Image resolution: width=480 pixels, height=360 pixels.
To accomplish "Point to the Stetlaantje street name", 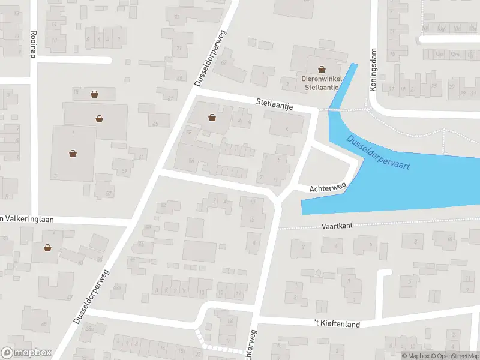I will tap(274, 105).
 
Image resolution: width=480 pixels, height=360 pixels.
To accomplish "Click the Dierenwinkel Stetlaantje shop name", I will tap(322, 82).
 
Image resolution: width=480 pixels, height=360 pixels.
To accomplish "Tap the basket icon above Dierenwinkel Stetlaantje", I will tap(322, 69).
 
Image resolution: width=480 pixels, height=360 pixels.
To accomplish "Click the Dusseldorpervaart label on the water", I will tap(378, 153).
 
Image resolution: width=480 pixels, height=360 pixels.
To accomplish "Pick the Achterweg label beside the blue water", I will tap(328, 188).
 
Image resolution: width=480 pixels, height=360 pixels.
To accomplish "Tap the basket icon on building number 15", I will tap(95, 94).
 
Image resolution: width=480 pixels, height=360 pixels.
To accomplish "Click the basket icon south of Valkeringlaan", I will tap(47, 247).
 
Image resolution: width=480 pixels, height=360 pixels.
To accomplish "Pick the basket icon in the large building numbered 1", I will tap(73, 153).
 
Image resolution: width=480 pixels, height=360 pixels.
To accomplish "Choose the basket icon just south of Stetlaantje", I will tap(212, 117).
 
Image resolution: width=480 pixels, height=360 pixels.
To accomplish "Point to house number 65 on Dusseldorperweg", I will tap(155, 124).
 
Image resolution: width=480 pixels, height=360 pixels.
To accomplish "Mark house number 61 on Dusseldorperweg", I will tap(142, 157).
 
